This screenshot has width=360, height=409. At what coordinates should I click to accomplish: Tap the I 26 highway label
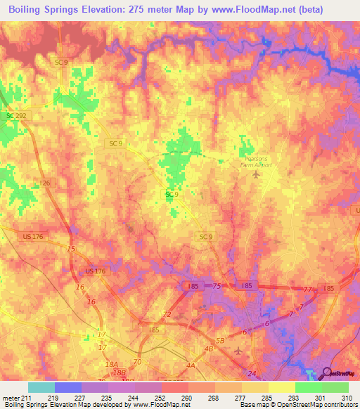46,183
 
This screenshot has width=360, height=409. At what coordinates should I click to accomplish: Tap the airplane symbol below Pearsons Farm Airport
255,174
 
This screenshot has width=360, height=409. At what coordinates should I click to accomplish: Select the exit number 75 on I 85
217,286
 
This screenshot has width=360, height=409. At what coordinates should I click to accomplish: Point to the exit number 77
307,289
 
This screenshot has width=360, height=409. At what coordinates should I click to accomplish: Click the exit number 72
167,314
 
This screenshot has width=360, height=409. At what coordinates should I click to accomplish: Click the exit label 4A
190,365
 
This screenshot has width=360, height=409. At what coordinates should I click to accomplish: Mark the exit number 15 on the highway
70,249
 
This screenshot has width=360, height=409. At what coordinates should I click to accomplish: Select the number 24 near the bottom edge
251,373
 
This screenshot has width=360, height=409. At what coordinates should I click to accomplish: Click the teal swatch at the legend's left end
41,387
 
